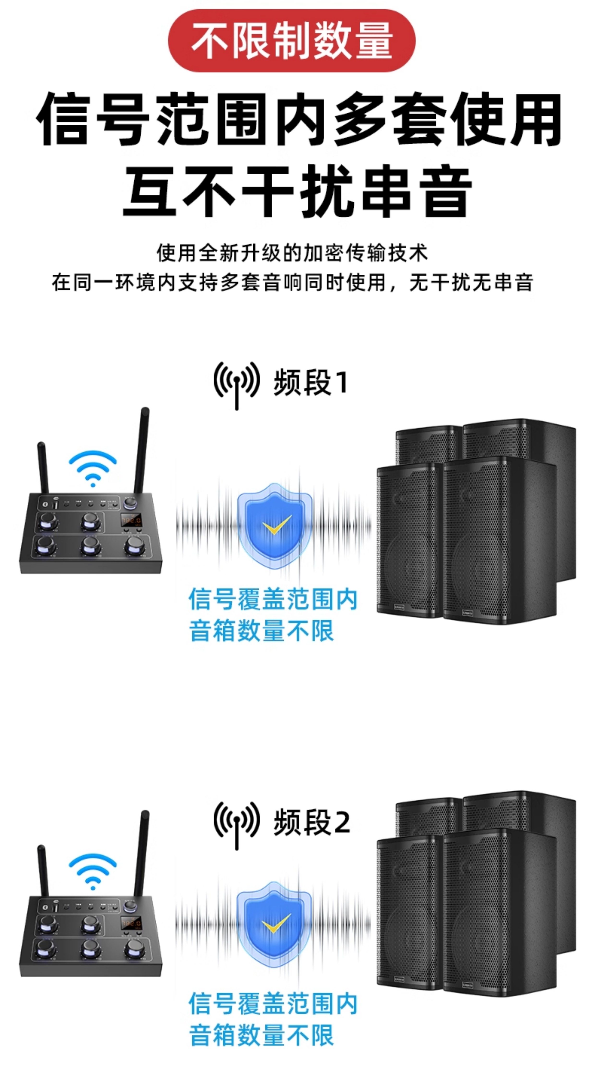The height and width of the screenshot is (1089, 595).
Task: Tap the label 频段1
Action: click(311, 383)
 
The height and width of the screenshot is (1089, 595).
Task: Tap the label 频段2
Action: click(312, 822)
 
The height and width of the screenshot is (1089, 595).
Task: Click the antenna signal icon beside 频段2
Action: click(236, 822)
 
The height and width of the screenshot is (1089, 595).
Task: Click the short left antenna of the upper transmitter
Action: click(43, 467)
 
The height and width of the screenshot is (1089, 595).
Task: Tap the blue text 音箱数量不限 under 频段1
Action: click(261, 631)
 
